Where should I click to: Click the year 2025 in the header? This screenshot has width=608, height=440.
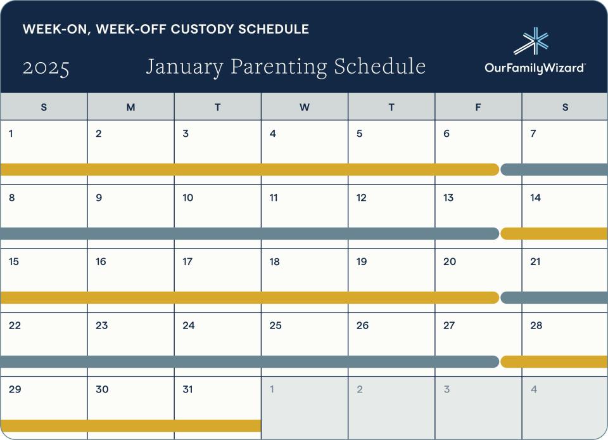[46, 68]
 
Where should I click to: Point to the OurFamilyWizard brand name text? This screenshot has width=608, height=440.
[535, 68]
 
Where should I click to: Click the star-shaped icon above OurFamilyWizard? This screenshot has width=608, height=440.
[533, 41]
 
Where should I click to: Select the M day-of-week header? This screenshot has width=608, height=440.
[130, 107]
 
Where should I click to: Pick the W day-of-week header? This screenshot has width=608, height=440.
[305, 107]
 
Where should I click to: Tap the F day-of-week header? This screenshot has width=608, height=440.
[478, 107]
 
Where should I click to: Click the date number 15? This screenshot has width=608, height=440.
[14, 262]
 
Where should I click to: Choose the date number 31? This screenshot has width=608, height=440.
[187, 389]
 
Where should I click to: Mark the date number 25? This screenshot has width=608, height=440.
[275, 326]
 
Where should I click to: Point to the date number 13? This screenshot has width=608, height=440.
[448, 198]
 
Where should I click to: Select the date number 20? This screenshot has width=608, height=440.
[450, 262]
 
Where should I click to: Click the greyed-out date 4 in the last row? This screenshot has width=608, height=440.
[534, 389]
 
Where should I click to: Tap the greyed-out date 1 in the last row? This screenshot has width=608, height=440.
[272, 389]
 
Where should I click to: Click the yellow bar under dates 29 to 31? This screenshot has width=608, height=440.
[130, 425]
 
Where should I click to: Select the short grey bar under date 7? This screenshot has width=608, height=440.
[554, 169]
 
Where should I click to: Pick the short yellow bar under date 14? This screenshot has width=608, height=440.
[554, 233]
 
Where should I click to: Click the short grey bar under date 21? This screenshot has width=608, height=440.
[554, 297]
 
